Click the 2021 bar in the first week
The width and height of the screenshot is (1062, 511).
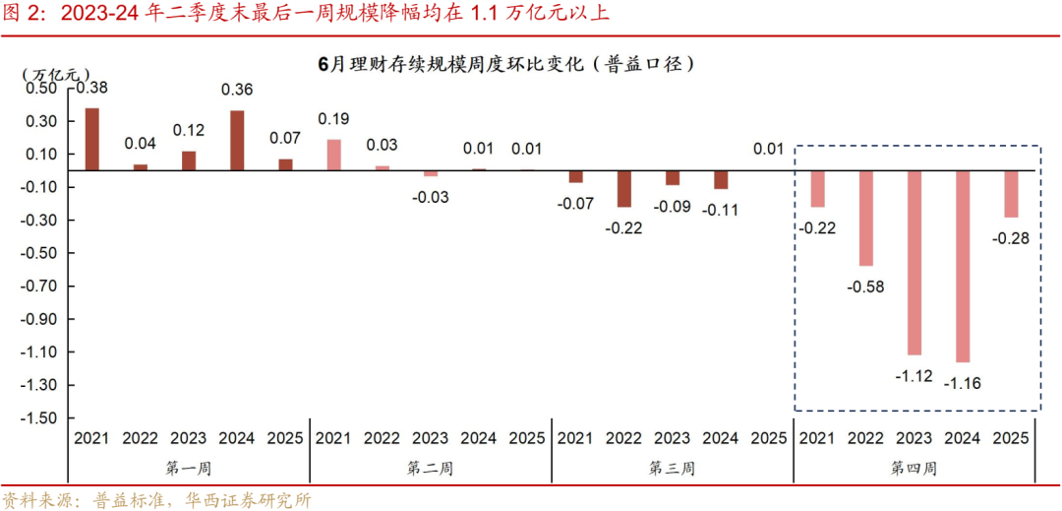[91, 139]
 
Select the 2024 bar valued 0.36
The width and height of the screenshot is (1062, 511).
[237, 141]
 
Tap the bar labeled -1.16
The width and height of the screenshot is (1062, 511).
[963, 266]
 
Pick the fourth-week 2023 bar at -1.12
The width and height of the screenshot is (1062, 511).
[914, 263]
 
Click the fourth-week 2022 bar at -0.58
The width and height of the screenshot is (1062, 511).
[866, 219]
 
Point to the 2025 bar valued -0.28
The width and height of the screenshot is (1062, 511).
[1011, 194]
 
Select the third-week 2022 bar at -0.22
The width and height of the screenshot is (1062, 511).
[624, 189]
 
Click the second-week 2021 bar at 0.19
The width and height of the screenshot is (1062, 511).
[333, 155]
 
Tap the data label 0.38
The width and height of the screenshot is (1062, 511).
[89, 88]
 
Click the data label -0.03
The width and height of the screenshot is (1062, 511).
[431, 197]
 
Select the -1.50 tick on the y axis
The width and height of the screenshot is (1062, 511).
[39, 417]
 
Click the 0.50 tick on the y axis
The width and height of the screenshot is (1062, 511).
[42, 89]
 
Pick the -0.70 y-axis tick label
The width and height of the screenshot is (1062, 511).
[39, 287]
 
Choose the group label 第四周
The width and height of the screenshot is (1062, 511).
[914, 469]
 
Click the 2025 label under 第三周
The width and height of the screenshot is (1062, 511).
[769, 438]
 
